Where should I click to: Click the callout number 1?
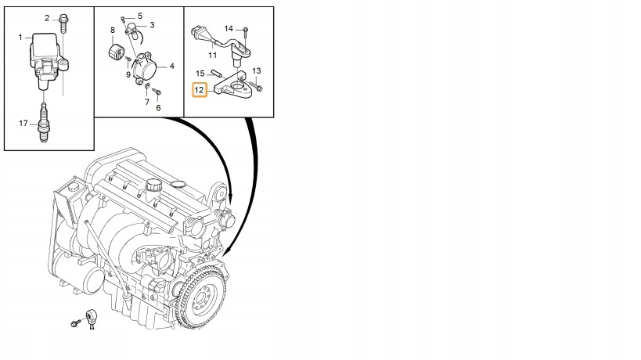(20, 38)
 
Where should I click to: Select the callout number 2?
(47, 18)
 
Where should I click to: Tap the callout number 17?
(23, 123)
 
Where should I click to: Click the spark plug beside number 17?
(43, 123)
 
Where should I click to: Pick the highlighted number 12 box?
(200, 90)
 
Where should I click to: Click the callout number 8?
(113, 30)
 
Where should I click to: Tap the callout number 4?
(172, 66)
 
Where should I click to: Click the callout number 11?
(212, 55)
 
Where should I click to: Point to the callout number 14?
(229, 29)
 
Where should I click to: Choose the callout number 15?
(200, 74)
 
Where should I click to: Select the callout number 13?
(256, 70)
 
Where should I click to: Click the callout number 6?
(158, 107)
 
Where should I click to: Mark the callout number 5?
(140, 16)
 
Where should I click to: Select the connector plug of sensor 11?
(197, 33)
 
